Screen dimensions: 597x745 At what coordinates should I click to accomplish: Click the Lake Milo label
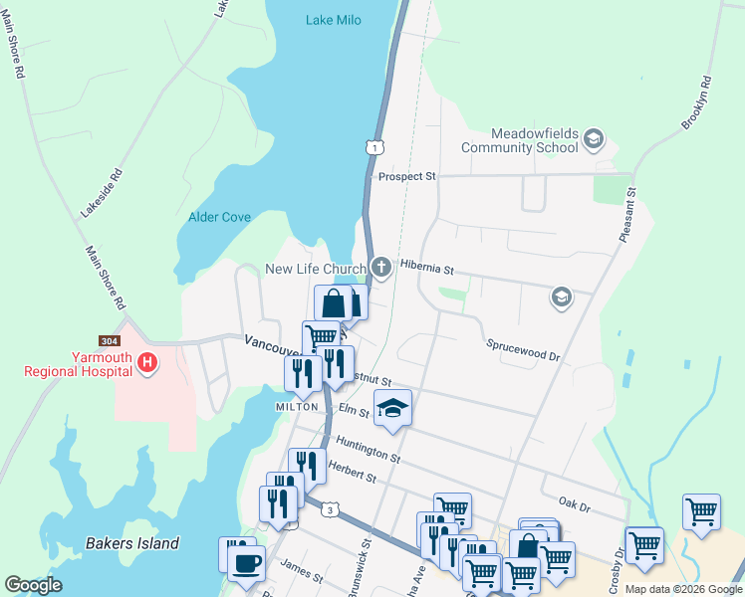(334, 20)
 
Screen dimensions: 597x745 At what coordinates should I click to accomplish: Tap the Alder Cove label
(219, 217)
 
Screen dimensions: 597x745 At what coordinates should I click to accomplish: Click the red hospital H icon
(147, 363)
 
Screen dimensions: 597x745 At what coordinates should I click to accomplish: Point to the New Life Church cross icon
(380, 268)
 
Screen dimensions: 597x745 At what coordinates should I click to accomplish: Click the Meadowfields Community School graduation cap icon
(595, 138)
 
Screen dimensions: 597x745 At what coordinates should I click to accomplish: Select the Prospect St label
(407, 177)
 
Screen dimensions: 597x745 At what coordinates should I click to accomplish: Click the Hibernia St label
(426, 269)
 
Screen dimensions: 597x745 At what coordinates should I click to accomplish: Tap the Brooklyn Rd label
(695, 102)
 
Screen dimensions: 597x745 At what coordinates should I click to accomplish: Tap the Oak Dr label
(575, 505)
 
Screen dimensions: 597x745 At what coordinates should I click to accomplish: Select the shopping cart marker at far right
(702, 512)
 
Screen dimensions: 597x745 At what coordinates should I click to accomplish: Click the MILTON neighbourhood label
(297, 407)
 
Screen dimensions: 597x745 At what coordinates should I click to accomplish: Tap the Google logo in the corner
(33, 585)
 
